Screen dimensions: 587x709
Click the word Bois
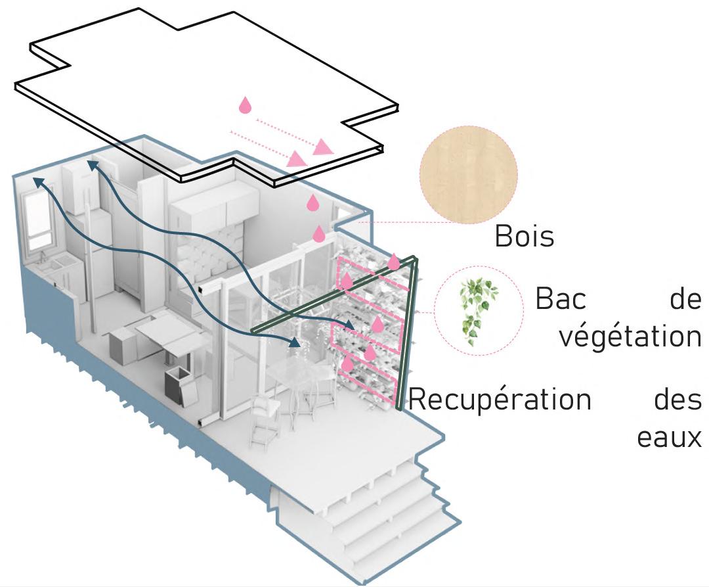coord(524,237)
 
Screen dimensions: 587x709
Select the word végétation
coord(630,336)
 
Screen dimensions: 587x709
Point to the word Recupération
coord(500,399)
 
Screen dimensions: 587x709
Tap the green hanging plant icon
coord(477,312)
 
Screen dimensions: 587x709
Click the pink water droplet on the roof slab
coord(245,105)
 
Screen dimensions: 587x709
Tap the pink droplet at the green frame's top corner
coord(394,262)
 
